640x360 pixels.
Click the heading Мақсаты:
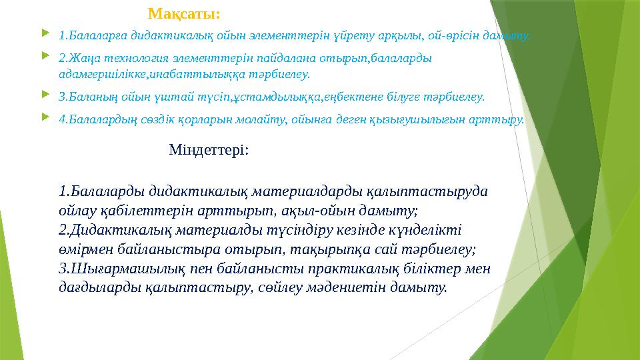pyautogui.click(x=185, y=14)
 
